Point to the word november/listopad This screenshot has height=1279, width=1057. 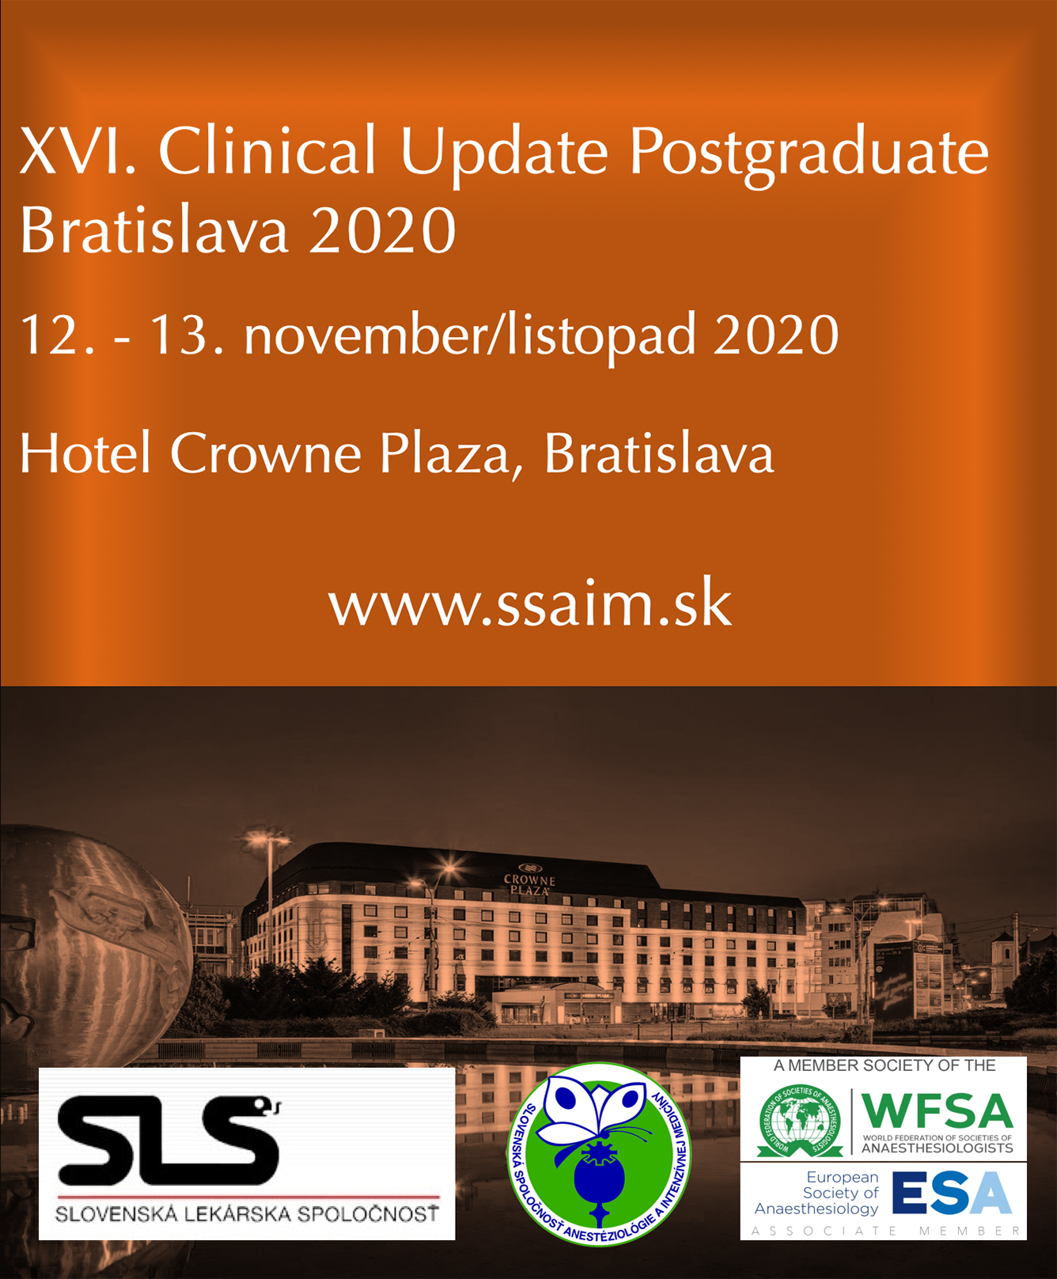[x=470, y=336]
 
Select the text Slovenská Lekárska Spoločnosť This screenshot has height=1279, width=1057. [x=247, y=1213]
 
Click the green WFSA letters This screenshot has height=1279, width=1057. [x=938, y=1111]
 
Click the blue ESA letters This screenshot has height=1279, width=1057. [x=952, y=1193]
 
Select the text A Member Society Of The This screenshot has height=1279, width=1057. [x=884, y=1066]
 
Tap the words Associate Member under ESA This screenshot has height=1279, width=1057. [x=887, y=1232]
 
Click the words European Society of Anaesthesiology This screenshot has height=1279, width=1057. [x=817, y=1193]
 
